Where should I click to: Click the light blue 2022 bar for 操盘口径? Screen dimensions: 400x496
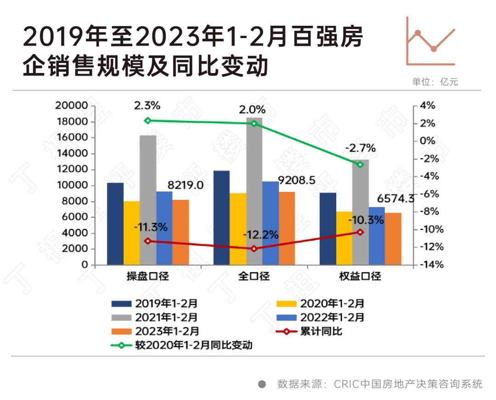click(x=164, y=228)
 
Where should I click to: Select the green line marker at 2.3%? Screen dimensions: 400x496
click(x=147, y=120)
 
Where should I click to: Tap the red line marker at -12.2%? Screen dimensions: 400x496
click(x=254, y=249)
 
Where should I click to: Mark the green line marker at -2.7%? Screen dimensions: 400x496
click(x=361, y=165)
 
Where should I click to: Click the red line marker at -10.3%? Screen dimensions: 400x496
click(x=361, y=232)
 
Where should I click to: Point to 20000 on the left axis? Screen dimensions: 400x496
click(x=71, y=106)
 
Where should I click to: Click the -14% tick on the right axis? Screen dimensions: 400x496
click(x=427, y=265)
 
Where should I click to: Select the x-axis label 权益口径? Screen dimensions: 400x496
click(x=360, y=277)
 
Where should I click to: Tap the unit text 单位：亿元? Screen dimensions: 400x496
click(x=435, y=82)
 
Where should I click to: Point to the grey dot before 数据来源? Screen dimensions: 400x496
click(x=262, y=384)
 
